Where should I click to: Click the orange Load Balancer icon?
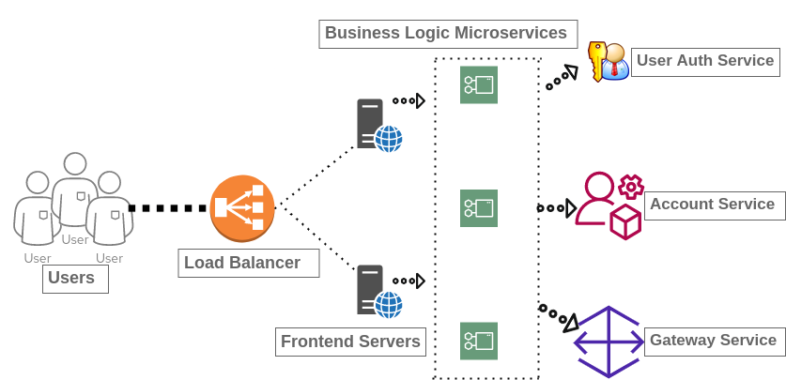[242, 208]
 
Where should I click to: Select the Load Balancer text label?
[248, 264]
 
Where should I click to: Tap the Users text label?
[75, 279]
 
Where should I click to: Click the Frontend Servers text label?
[351, 342]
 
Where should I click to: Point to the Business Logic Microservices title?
[447, 35]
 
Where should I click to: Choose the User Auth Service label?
[705, 62]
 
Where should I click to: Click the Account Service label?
[713, 205]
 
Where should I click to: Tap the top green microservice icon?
[479, 85]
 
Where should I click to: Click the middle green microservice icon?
[479, 208]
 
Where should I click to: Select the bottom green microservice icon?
[479, 342]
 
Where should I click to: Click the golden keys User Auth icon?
[608, 62]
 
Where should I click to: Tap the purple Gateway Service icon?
[609, 342]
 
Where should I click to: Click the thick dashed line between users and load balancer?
[167, 208]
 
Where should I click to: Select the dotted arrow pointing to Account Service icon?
[557, 208]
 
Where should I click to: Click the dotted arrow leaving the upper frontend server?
[409, 100]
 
